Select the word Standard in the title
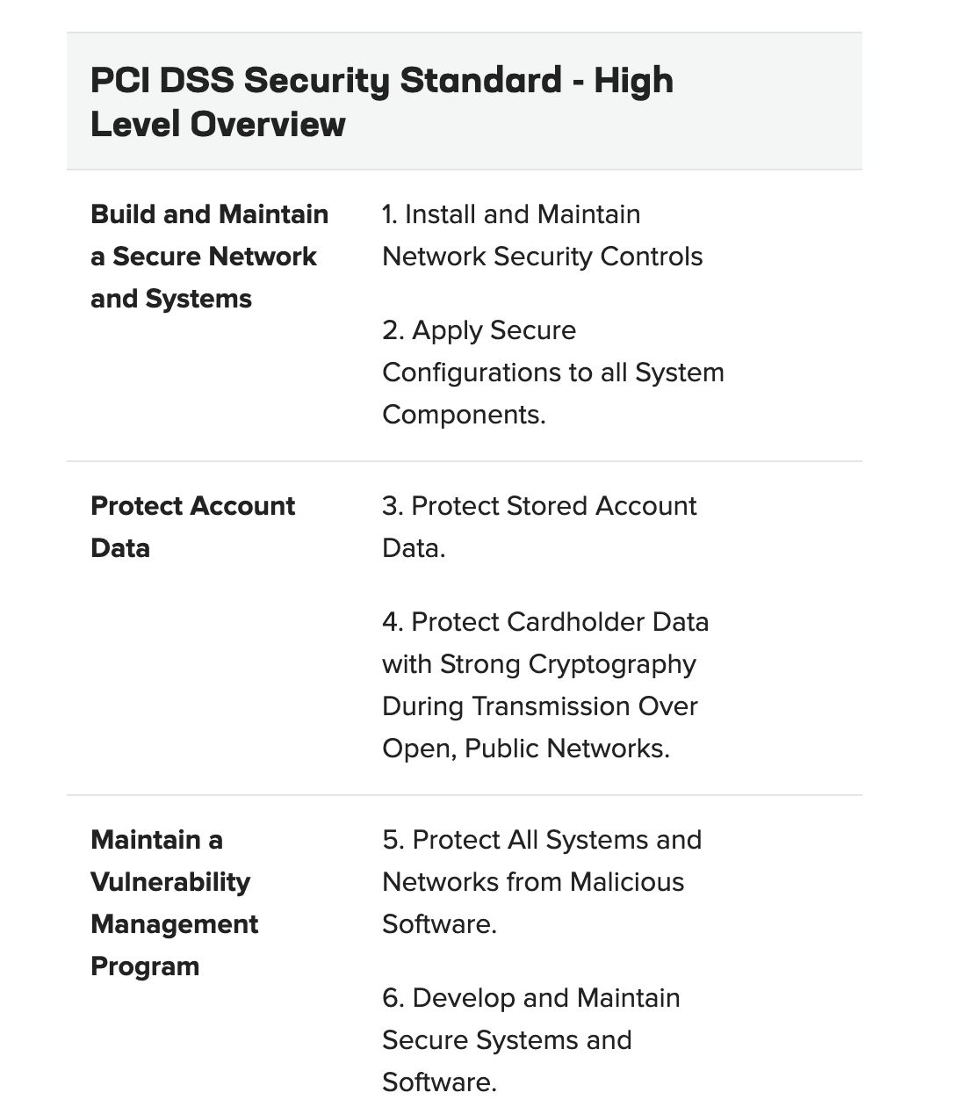coord(480,80)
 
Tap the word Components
coord(463,415)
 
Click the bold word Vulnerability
coord(170,882)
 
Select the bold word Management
coord(174,924)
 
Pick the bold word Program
coord(145,966)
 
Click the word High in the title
coord(633,80)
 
